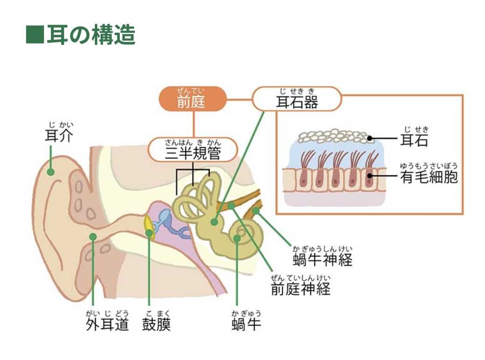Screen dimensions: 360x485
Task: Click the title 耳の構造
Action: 91,35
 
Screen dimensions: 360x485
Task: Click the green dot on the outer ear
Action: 50,172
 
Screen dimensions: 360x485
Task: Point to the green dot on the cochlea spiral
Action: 237,238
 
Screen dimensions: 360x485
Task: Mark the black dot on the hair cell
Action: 370,176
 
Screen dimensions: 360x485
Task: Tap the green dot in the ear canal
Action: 93,237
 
